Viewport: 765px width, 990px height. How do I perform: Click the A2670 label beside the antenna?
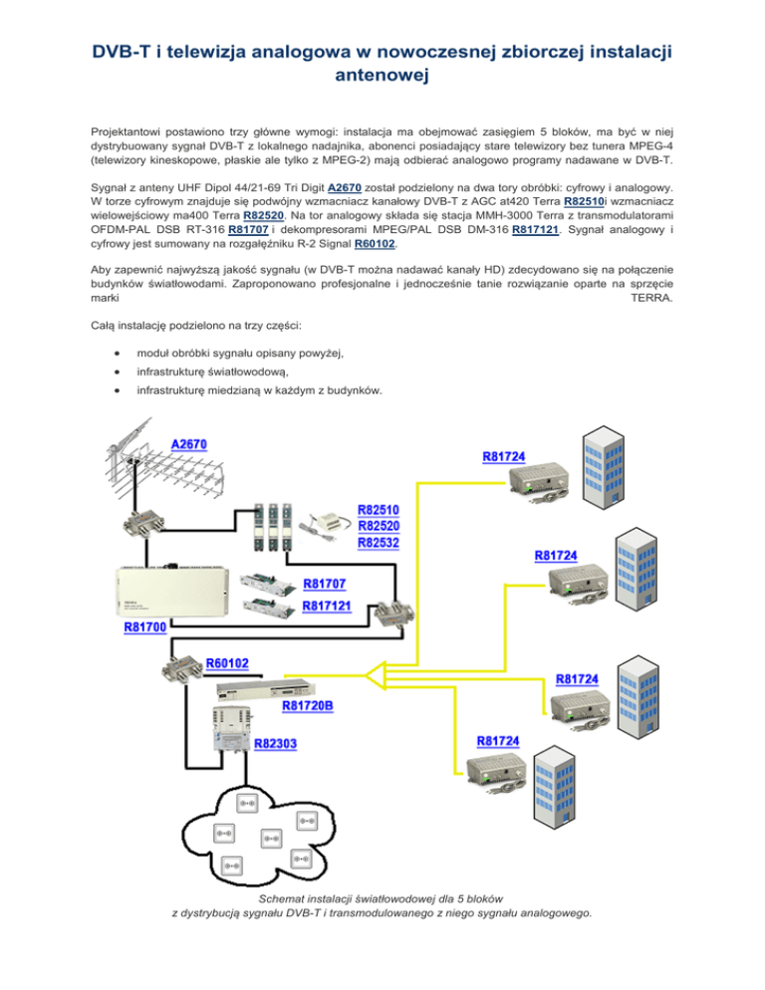[x=189, y=443]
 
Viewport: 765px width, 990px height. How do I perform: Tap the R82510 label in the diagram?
[x=381, y=511]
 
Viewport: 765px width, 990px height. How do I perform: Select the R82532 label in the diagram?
[x=381, y=543]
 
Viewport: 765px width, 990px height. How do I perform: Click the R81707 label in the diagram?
[x=327, y=584]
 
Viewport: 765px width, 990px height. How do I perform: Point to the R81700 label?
[x=146, y=627]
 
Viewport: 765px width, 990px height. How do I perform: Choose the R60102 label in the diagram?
[x=228, y=662]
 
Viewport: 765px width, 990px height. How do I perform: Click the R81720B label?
[x=308, y=705]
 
